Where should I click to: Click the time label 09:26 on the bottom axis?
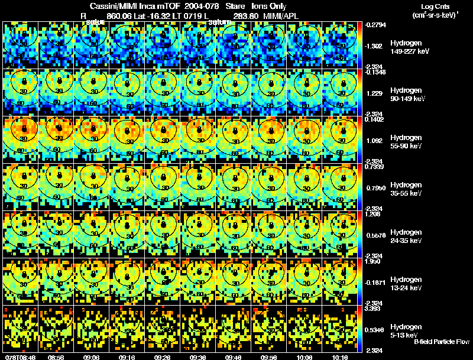pyautogui.click(x=163, y=356)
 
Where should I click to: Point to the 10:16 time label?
pyautogui.click(x=341, y=356)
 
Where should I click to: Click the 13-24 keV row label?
pyautogui.click(x=406, y=288)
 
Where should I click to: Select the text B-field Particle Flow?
pyautogui.click(x=441, y=342)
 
